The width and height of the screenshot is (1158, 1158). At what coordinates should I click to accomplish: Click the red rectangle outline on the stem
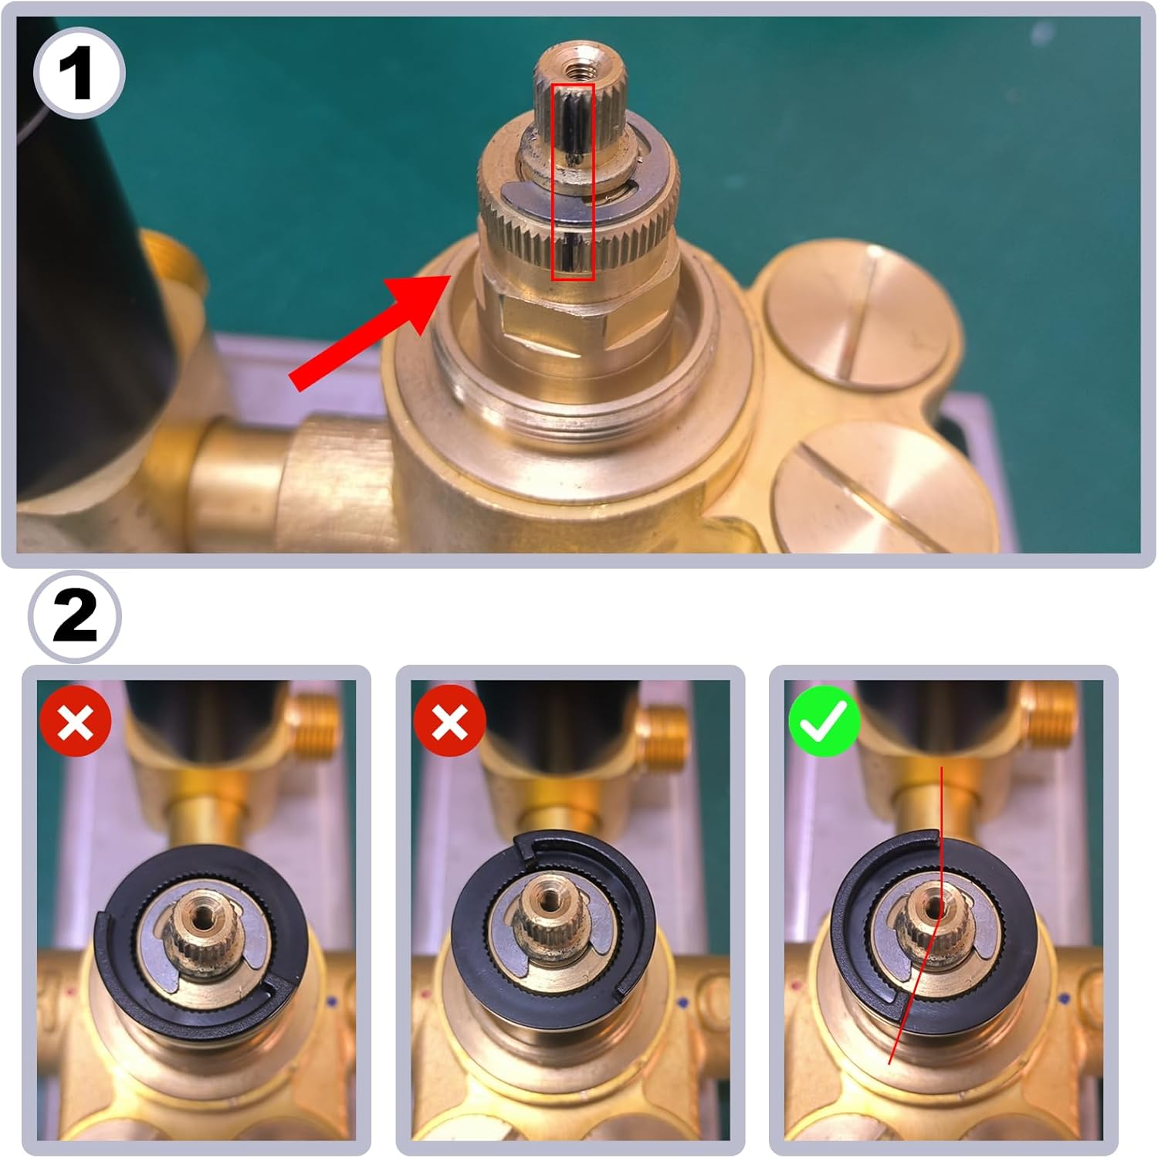[572, 181]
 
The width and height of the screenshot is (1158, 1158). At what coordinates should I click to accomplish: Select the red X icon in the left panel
[76, 723]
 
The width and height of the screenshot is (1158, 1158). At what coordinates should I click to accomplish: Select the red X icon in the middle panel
[449, 723]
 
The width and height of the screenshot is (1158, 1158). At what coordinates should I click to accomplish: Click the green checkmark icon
[824, 723]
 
